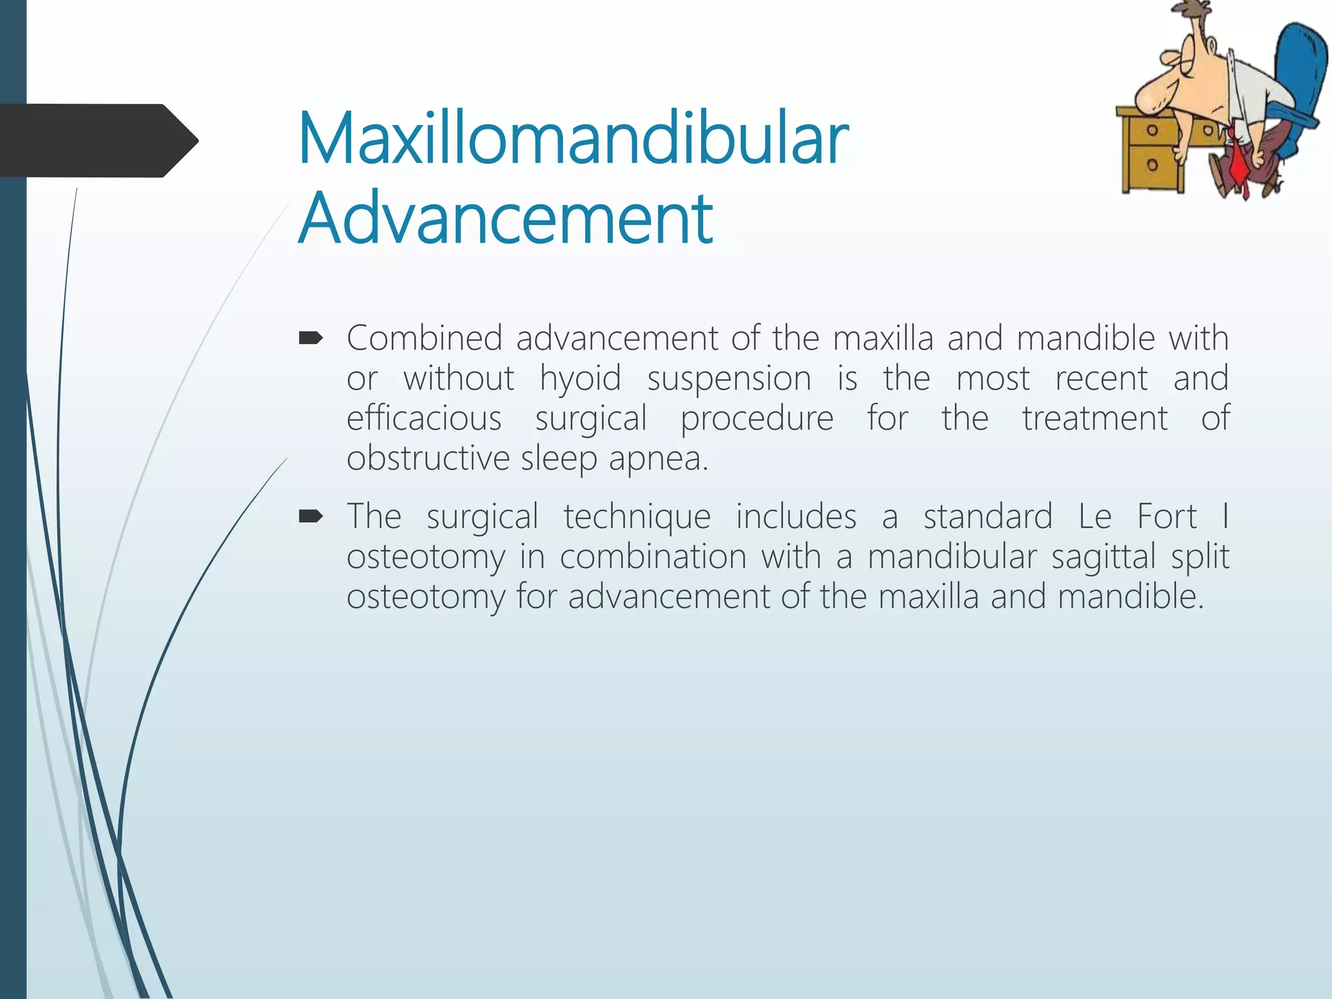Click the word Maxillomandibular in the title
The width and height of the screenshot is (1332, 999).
[x=573, y=139]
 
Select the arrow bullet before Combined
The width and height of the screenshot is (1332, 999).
[x=310, y=338]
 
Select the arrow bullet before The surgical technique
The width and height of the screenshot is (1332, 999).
[x=310, y=516]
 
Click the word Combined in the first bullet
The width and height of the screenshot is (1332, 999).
[x=424, y=338]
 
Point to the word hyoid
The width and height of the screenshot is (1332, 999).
[x=580, y=379]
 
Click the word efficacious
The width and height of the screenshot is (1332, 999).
[x=424, y=418]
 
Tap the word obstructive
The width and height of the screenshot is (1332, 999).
[x=427, y=458]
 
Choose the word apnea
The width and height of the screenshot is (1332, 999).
[x=658, y=459]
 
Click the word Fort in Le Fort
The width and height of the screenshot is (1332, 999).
[x=1167, y=517]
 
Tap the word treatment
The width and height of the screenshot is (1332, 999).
[x=1095, y=418]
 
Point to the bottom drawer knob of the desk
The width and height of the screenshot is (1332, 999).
[x=1152, y=165]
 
